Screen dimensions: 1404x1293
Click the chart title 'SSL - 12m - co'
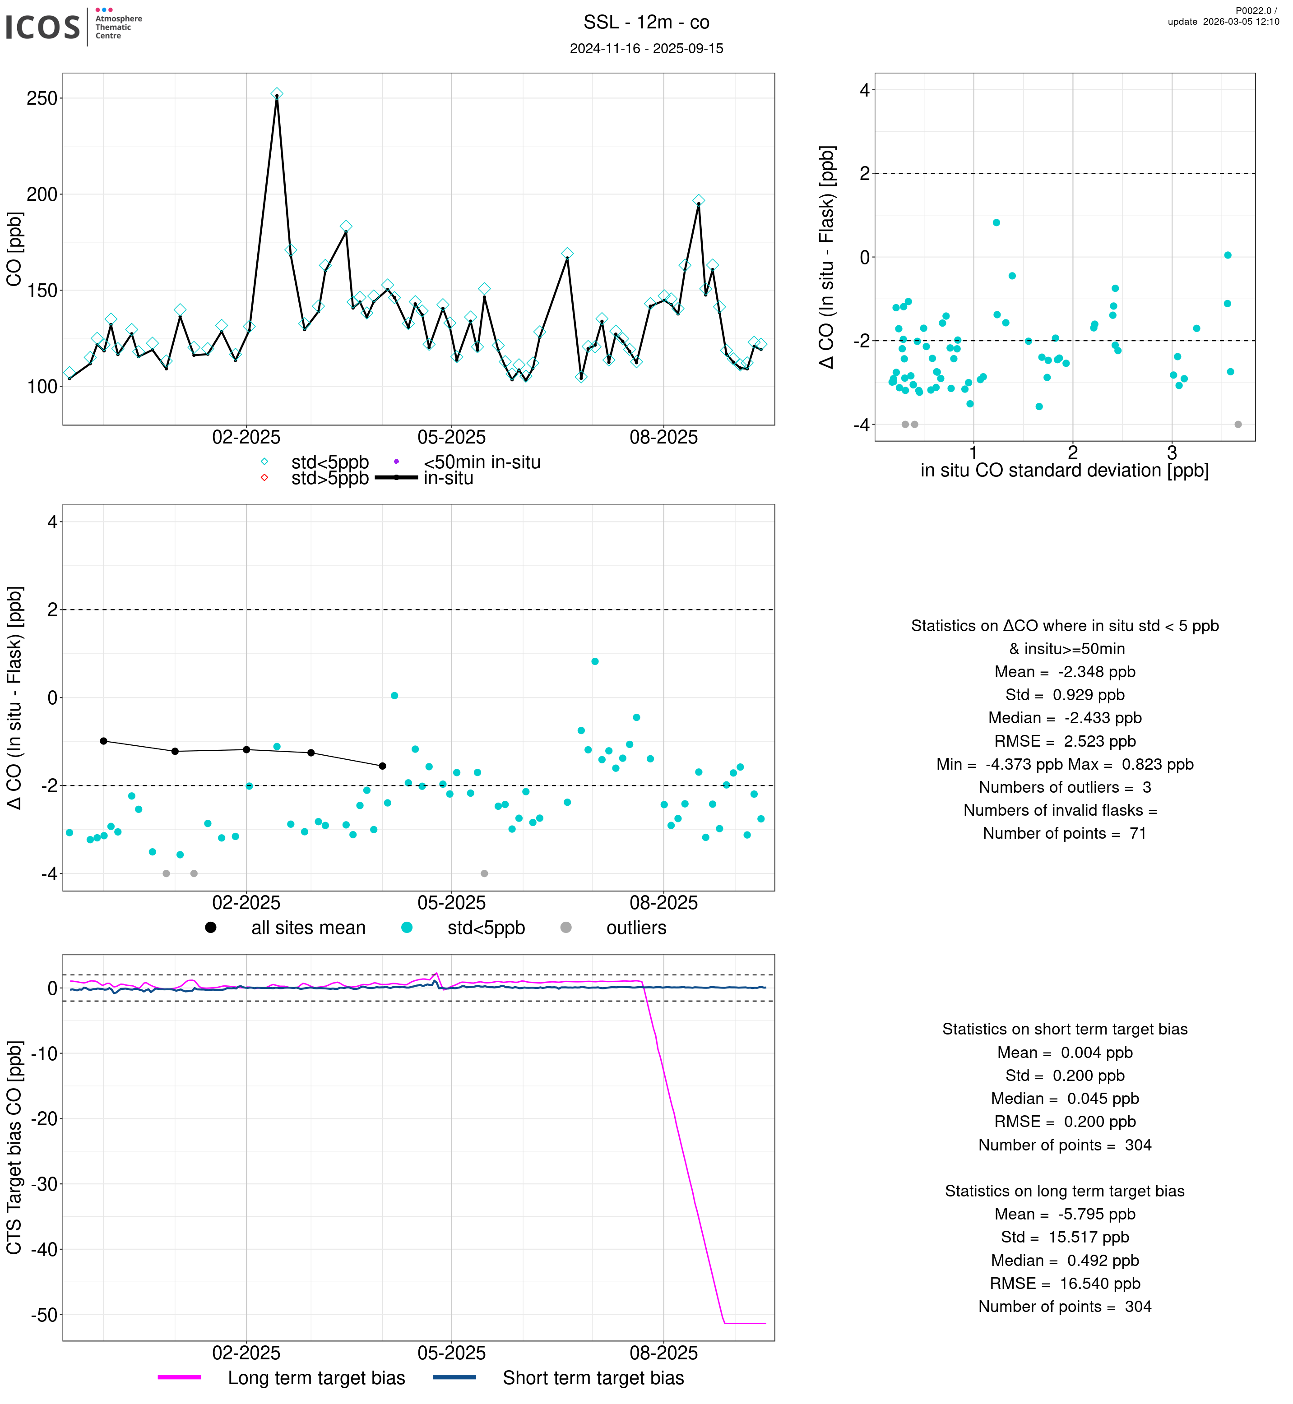click(646, 23)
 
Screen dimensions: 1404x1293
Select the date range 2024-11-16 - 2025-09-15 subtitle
click(646, 48)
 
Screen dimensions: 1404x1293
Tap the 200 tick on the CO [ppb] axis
click(42, 194)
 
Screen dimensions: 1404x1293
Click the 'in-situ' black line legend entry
click(448, 479)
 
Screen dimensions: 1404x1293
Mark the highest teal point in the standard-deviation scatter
click(996, 222)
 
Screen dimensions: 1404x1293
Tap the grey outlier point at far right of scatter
click(1238, 425)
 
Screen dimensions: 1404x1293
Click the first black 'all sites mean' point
click(103, 741)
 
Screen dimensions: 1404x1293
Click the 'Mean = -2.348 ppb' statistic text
click(1064, 672)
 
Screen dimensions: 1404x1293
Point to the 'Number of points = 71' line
click(1064, 833)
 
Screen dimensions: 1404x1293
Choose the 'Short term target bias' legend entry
click(593, 1377)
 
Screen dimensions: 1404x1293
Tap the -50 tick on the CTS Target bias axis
click(43, 1315)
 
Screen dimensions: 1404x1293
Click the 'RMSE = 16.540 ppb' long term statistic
click(1064, 1284)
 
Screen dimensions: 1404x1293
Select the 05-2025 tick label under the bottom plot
click(451, 1353)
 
